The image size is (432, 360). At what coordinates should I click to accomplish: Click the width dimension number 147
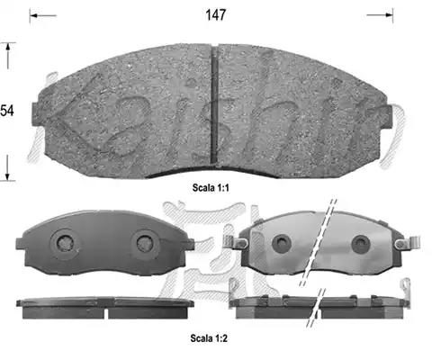(x=215, y=14)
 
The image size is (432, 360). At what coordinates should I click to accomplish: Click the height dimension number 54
(x=7, y=111)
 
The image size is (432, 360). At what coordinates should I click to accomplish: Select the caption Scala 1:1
(x=211, y=188)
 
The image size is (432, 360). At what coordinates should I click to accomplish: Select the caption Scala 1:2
(x=209, y=338)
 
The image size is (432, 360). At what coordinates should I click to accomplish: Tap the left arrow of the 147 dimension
(x=43, y=15)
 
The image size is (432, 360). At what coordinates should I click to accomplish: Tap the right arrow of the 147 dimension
(x=380, y=15)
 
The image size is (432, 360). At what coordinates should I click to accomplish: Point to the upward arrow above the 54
(x=8, y=56)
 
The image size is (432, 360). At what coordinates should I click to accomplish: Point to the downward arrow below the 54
(x=8, y=167)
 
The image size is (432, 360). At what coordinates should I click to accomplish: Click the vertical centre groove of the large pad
(x=214, y=105)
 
